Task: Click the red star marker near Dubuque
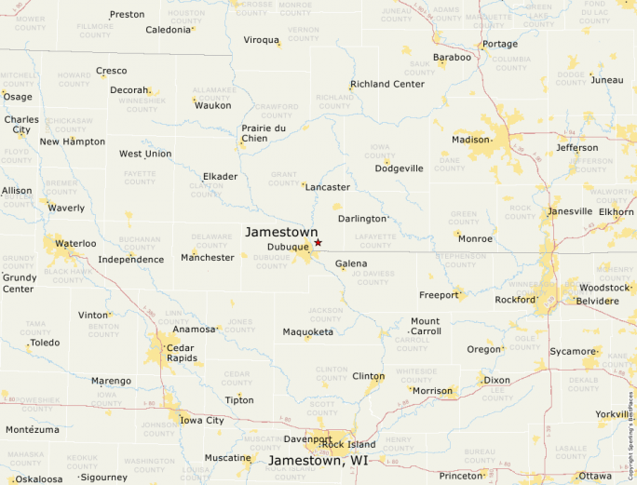click(x=318, y=242)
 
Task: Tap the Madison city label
click(x=470, y=140)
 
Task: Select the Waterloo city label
click(x=75, y=243)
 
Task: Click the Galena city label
click(x=351, y=264)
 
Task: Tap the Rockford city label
click(x=516, y=300)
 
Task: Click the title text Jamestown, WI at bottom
click(x=319, y=461)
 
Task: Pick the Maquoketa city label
click(x=308, y=331)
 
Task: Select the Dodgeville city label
click(x=399, y=168)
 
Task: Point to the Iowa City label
click(x=201, y=421)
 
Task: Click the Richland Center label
click(x=387, y=84)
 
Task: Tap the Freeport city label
click(x=439, y=295)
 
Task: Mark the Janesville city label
click(x=570, y=211)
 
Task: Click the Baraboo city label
click(x=453, y=57)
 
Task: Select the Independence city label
click(x=131, y=260)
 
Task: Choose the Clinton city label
click(x=369, y=376)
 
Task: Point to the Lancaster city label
click(x=328, y=187)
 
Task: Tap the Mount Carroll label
click(x=426, y=326)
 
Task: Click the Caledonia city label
click(x=168, y=30)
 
